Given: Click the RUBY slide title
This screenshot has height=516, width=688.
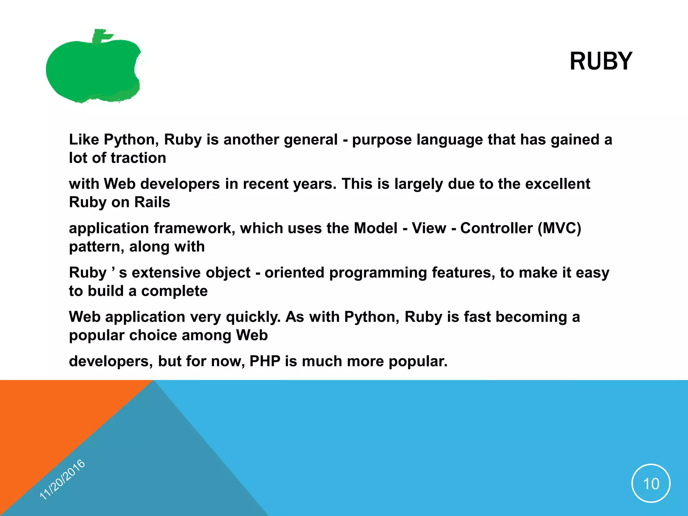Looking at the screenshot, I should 601,61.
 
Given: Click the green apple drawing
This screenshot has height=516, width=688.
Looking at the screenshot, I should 91,71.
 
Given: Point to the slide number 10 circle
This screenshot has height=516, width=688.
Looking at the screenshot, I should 651,483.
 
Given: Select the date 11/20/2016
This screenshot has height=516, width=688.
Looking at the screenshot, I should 62,479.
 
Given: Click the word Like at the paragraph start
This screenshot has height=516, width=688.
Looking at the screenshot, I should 84,140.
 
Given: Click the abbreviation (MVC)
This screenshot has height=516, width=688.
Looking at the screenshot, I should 559,228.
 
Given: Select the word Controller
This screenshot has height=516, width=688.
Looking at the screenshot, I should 496,228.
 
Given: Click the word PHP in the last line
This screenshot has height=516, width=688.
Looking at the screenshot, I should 265,361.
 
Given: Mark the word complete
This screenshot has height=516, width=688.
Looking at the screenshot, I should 174,291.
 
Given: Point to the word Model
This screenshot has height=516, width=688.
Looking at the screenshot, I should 375,228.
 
